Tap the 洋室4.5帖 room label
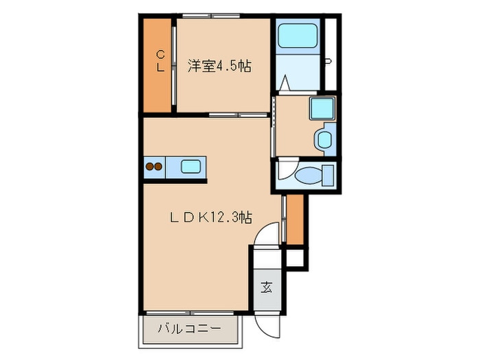(219, 67)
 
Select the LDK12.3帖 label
(212, 217)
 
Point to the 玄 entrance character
(265, 287)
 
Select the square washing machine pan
(320, 109)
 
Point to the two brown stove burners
(154, 166)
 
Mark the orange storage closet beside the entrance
(294, 219)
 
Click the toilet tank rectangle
(328, 174)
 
